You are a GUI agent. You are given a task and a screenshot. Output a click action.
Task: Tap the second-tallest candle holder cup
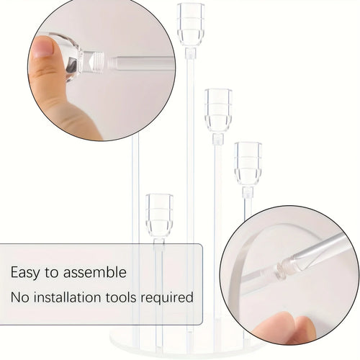click(x=217, y=109)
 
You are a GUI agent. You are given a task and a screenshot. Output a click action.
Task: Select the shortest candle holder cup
click(x=159, y=214)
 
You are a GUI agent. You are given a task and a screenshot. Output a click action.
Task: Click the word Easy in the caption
click(x=25, y=273)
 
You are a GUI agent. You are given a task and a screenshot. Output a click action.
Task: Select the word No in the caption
click(x=19, y=297)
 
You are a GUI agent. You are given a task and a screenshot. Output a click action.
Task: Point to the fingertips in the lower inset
click(x=288, y=328)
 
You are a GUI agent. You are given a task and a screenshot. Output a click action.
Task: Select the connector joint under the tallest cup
click(x=191, y=53)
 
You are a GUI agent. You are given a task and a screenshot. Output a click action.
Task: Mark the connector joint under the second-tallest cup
click(x=217, y=138)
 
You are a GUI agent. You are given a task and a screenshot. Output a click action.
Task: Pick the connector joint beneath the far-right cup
click(x=248, y=192)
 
